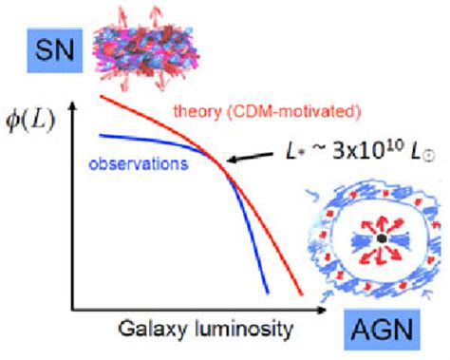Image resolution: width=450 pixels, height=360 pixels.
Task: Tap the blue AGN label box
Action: coord(389,332)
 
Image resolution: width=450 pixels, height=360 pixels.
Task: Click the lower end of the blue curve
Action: coord(269,291)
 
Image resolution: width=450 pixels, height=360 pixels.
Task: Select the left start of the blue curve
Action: coord(101,132)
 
